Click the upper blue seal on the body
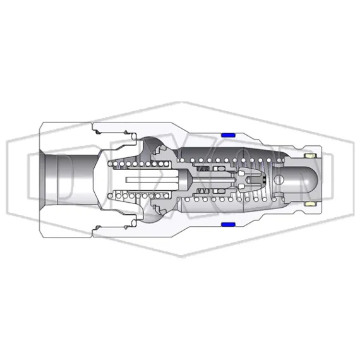point(228,135)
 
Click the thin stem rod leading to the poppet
point(215,181)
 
